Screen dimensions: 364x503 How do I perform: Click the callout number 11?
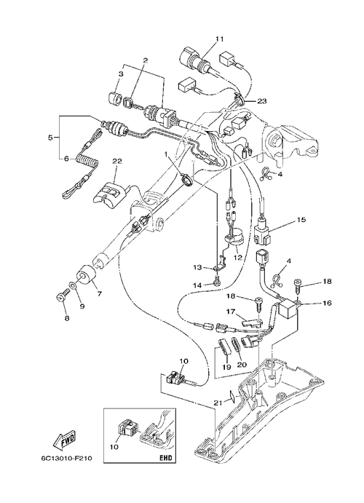(219, 39)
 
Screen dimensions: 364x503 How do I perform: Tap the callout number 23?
(262, 101)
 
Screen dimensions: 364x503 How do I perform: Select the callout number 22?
(116, 162)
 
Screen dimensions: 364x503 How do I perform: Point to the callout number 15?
(301, 220)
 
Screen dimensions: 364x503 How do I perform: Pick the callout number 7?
(99, 293)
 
